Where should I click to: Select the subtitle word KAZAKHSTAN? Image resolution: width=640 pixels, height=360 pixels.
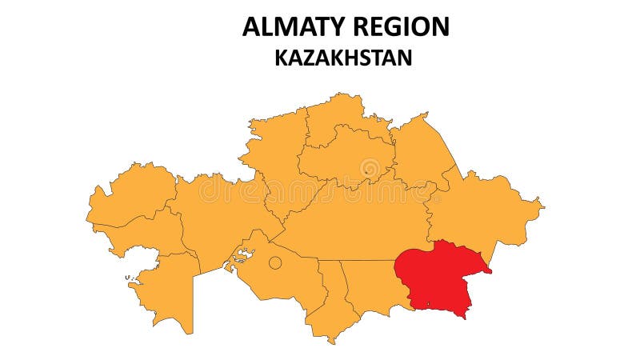pos(343,58)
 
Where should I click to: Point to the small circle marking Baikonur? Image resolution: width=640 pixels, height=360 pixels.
pos(275,262)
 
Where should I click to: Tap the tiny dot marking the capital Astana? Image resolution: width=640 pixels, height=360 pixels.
pos(366,170)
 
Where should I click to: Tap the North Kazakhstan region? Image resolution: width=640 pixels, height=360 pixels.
pos(336,116)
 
